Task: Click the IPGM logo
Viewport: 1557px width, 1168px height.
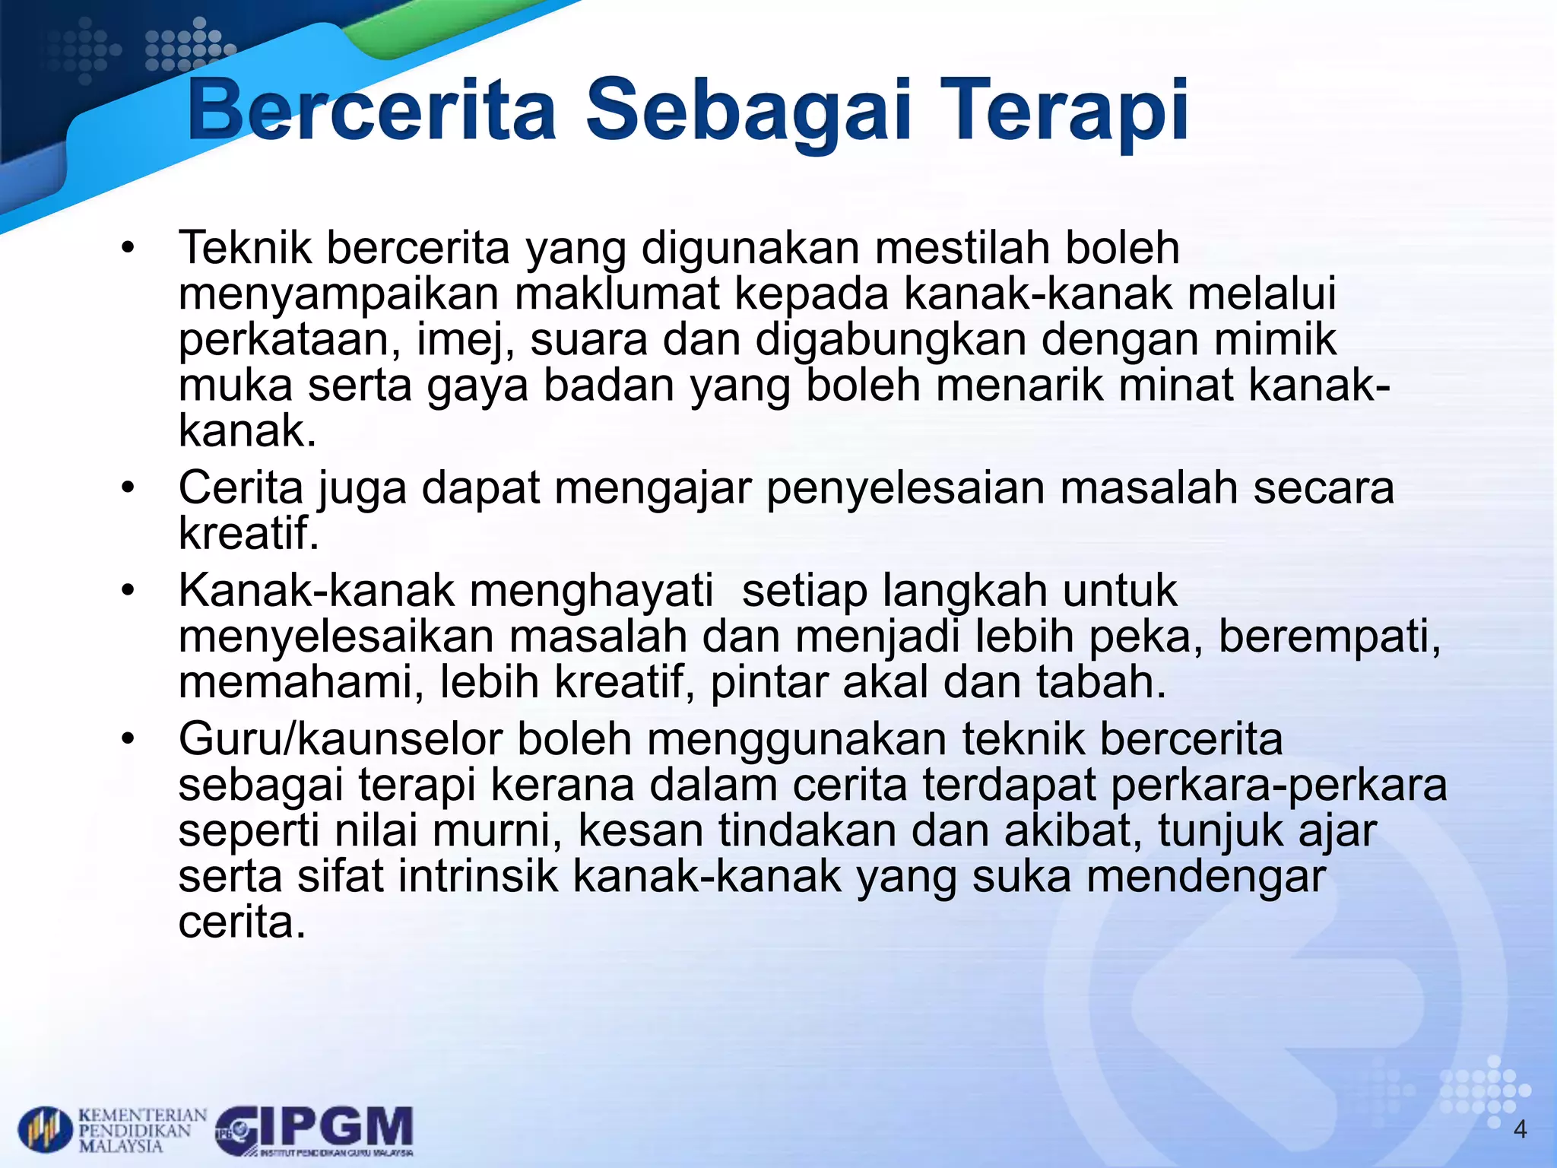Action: tap(316, 1130)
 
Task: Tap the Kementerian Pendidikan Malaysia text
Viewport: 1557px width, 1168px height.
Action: tap(142, 1130)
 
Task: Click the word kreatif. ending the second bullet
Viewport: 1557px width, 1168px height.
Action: tap(249, 533)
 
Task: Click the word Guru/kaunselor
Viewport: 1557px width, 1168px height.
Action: tap(340, 738)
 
